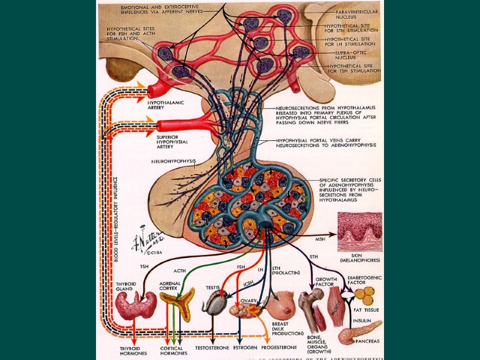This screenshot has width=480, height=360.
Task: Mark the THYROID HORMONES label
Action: pos(133,350)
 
